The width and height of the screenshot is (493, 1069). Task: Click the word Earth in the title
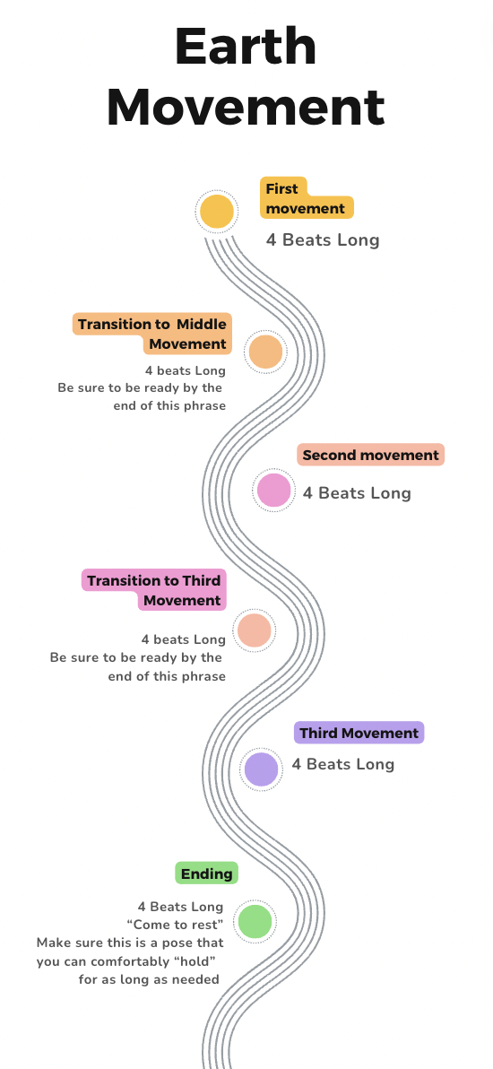pos(246,47)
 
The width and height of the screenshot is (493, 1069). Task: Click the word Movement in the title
pos(246,107)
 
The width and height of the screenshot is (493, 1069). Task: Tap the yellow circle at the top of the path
pos(217,212)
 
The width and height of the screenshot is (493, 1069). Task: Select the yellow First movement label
pos(307,198)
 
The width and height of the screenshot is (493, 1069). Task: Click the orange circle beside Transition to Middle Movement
pos(265,352)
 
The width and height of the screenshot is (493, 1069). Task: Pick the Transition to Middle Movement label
pos(152,334)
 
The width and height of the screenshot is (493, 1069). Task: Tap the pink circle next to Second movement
pos(273,491)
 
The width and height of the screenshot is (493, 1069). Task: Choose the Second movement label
pos(370,456)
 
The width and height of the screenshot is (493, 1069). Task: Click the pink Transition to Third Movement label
pos(154,590)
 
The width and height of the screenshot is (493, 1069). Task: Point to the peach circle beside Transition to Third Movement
pos(255,630)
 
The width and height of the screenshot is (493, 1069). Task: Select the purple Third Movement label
pos(359,733)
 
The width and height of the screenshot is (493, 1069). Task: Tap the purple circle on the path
pos(261,769)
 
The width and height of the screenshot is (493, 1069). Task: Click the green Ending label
pos(206,873)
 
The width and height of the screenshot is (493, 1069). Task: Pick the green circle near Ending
pos(255,921)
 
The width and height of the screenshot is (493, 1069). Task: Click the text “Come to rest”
pos(176,926)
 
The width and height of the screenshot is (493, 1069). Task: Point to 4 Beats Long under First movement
pos(323,240)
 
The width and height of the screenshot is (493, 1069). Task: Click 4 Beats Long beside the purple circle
pos(343,764)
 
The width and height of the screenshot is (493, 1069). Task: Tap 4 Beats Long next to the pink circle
pos(357,493)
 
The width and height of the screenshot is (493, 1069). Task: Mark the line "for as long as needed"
pos(149,979)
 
